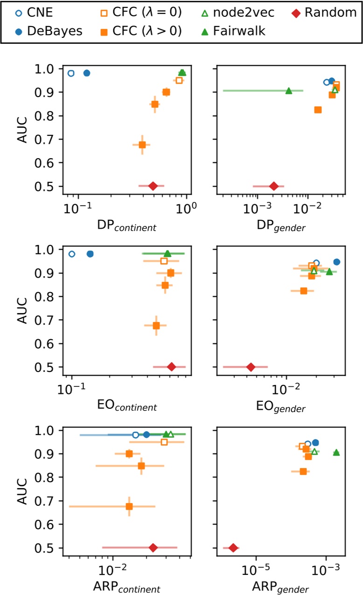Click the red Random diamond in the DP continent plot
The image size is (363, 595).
click(153, 186)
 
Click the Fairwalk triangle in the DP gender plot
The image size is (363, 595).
click(289, 91)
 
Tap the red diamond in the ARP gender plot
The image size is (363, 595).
click(233, 547)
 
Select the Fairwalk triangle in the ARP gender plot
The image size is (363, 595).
click(336, 452)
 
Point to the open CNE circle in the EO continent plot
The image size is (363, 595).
click(71, 254)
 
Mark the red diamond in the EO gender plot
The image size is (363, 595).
click(251, 367)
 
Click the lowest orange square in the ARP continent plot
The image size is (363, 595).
click(129, 506)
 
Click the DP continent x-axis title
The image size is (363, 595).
click(126, 226)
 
